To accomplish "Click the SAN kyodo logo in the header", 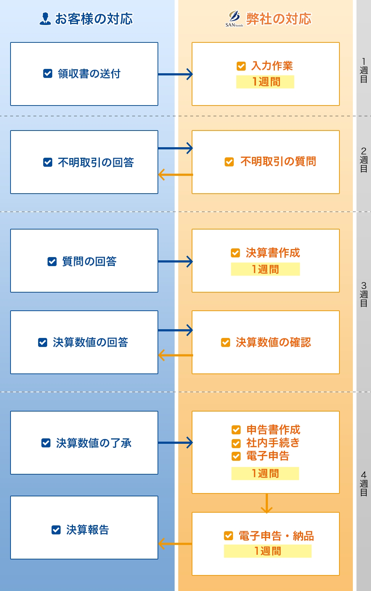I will click(234, 19).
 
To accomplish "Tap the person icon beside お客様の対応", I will click(45, 19).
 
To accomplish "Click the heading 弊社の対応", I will click(278, 19).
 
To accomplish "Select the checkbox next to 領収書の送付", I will click(48, 74).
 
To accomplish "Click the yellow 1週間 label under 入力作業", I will click(265, 82).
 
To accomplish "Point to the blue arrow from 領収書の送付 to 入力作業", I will click(175, 74).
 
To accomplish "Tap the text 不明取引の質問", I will click(278, 161).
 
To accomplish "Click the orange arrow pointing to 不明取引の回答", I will click(176, 175).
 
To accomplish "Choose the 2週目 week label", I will click(363, 160).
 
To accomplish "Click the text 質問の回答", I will click(89, 261).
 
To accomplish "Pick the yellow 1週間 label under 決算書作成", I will click(265, 269).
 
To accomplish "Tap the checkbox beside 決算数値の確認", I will click(225, 343).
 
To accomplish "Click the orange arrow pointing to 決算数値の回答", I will click(176, 355).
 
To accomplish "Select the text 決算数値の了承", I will click(94, 443).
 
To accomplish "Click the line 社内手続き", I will click(273, 443).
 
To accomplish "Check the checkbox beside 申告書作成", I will click(236, 430).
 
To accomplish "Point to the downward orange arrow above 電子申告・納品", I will click(267, 503).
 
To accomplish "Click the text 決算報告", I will click(87, 530).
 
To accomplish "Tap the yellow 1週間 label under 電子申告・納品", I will click(268, 551).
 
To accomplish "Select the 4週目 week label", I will click(363, 484).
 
